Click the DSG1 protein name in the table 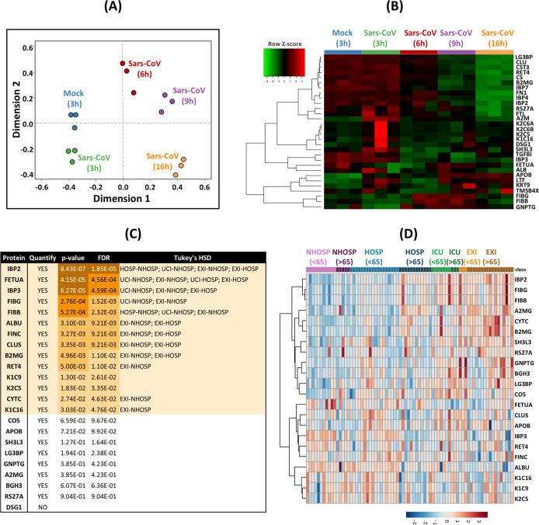pyautogui.click(x=13, y=488)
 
